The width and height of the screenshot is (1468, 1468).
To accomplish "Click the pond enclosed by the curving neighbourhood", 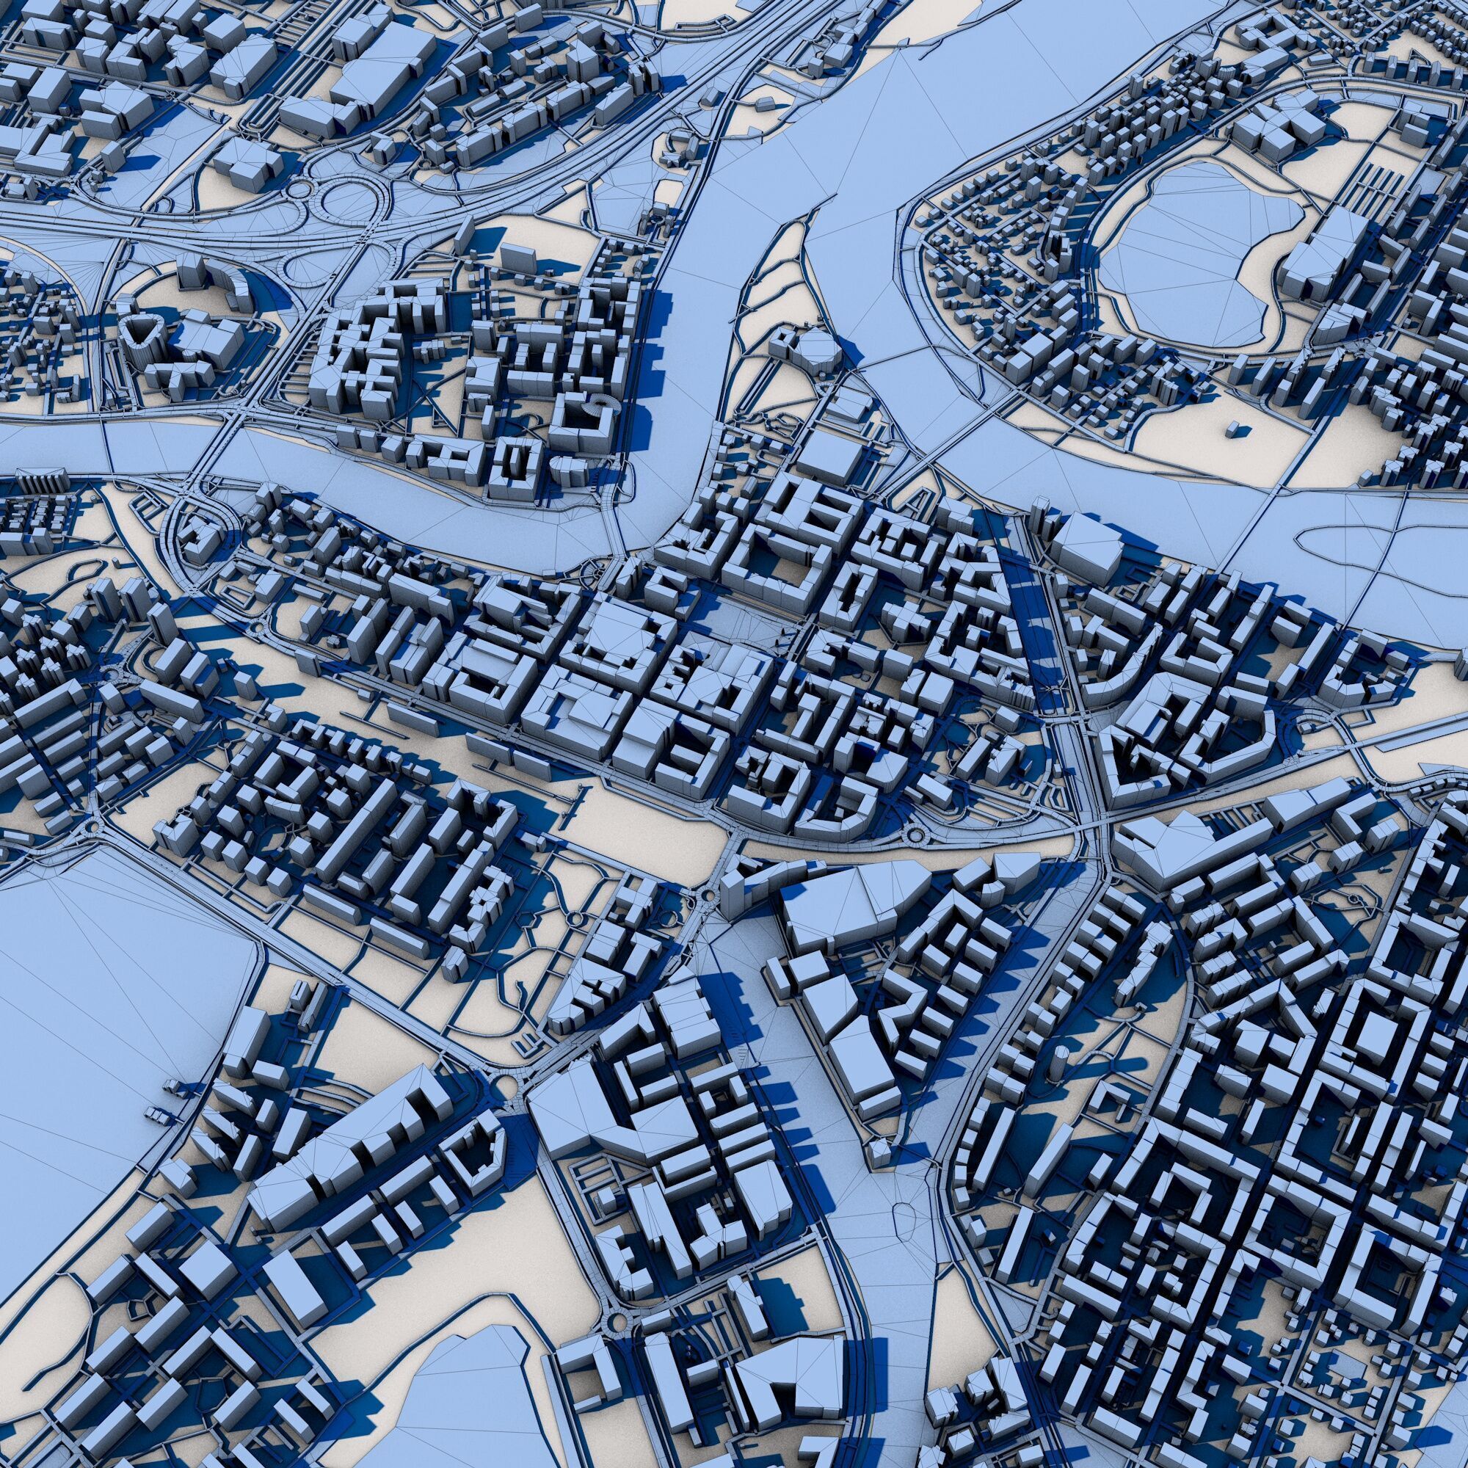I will [1208, 255].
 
